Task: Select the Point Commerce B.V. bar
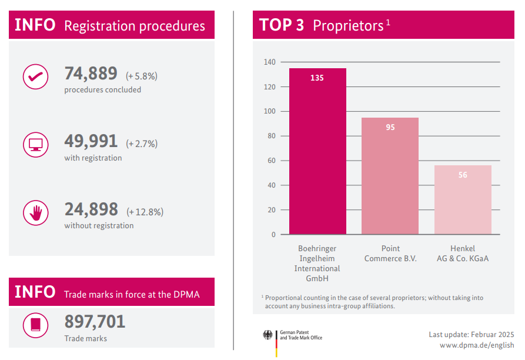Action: click(x=390, y=176)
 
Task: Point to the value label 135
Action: click(x=317, y=78)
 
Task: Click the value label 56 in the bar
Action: click(x=463, y=175)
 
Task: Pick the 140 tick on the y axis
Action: click(x=269, y=62)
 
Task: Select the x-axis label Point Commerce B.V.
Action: click(x=390, y=254)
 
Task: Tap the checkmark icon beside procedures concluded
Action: click(x=35, y=76)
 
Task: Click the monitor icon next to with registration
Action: click(x=35, y=145)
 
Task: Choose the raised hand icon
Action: click(x=35, y=212)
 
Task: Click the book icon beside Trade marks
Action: click(x=35, y=325)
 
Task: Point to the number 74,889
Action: click(x=91, y=74)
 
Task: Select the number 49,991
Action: click(x=91, y=142)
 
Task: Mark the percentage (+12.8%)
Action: click(x=145, y=212)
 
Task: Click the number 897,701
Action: click(x=95, y=322)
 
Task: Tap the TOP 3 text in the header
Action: click(x=282, y=25)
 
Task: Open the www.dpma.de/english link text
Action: click(x=477, y=345)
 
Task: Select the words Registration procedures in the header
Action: click(x=135, y=26)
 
